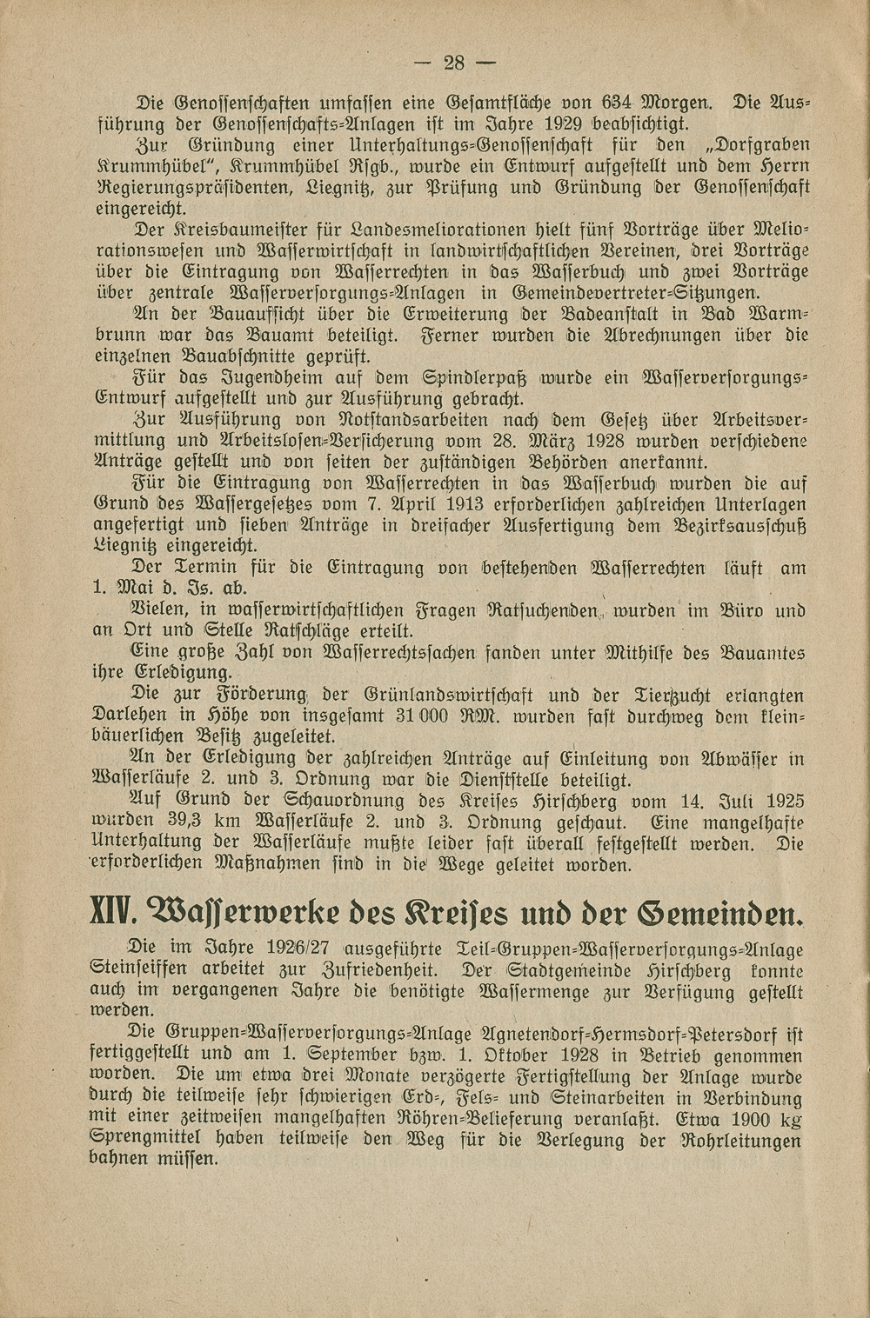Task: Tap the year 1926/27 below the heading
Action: click(292, 948)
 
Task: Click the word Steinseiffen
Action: click(143, 969)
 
